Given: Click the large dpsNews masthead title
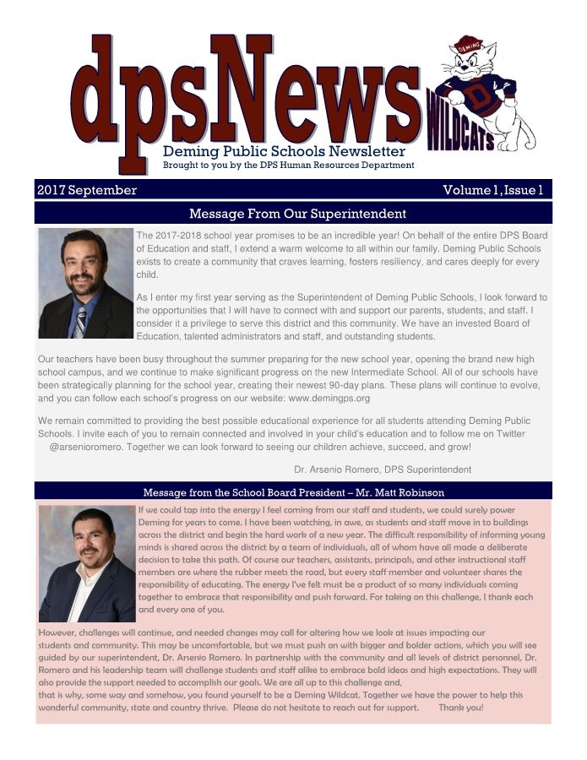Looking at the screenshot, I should pos(245,93).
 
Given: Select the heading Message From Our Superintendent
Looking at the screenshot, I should pos(297,214).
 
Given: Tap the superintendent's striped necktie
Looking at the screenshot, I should pos(80,320).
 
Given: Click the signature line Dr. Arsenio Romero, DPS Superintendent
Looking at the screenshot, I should pos(383,470).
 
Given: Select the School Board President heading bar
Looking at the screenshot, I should pos(293,492).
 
